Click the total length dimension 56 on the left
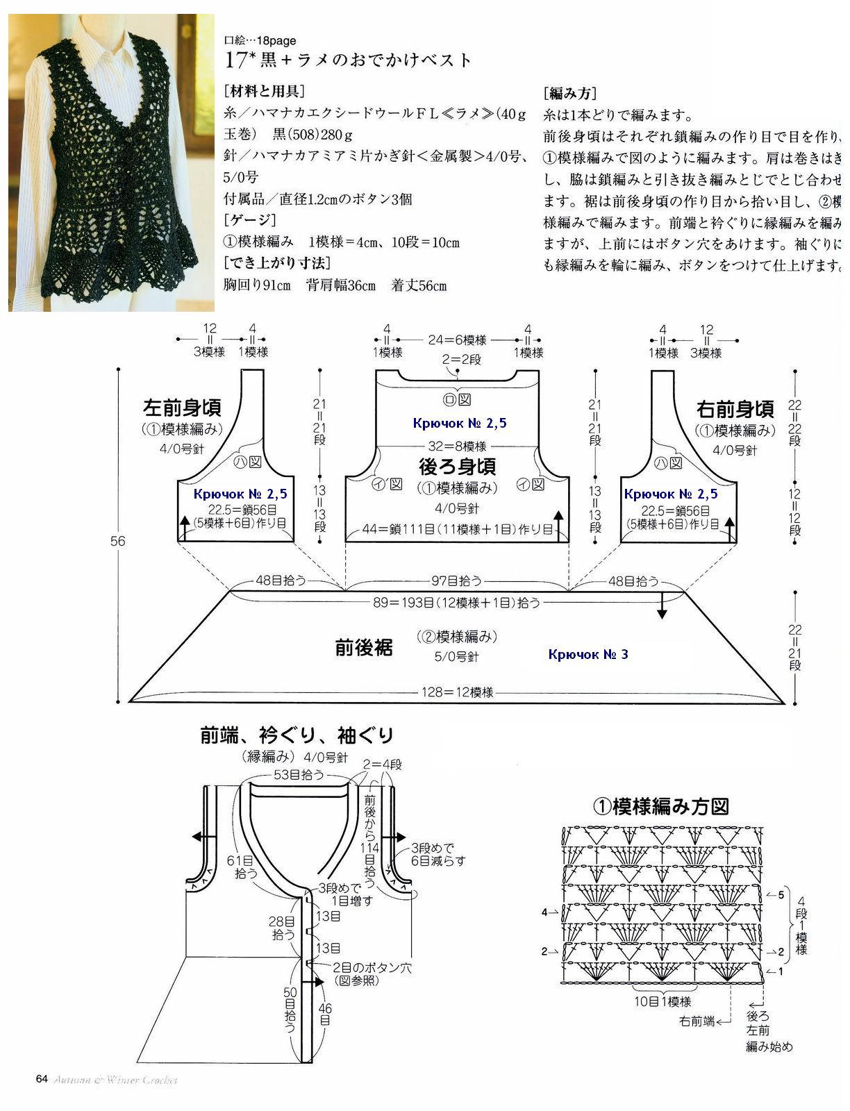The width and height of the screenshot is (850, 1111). (x=118, y=540)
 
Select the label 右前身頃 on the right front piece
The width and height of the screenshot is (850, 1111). (x=735, y=409)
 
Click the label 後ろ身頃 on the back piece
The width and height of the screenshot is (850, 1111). (x=457, y=465)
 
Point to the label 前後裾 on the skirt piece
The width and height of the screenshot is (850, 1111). (x=364, y=648)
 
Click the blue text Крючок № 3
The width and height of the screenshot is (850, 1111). (x=587, y=654)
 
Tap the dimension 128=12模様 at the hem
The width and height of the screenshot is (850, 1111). (x=457, y=692)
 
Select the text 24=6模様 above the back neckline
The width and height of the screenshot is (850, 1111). (x=457, y=340)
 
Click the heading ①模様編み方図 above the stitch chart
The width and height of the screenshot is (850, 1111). (x=660, y=805)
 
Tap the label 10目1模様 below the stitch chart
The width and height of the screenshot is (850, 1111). (x=662, y=1001)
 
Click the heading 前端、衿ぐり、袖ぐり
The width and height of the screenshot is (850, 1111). (x=297, y=735)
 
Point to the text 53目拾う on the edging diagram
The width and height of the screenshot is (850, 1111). (x=301, y=775)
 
